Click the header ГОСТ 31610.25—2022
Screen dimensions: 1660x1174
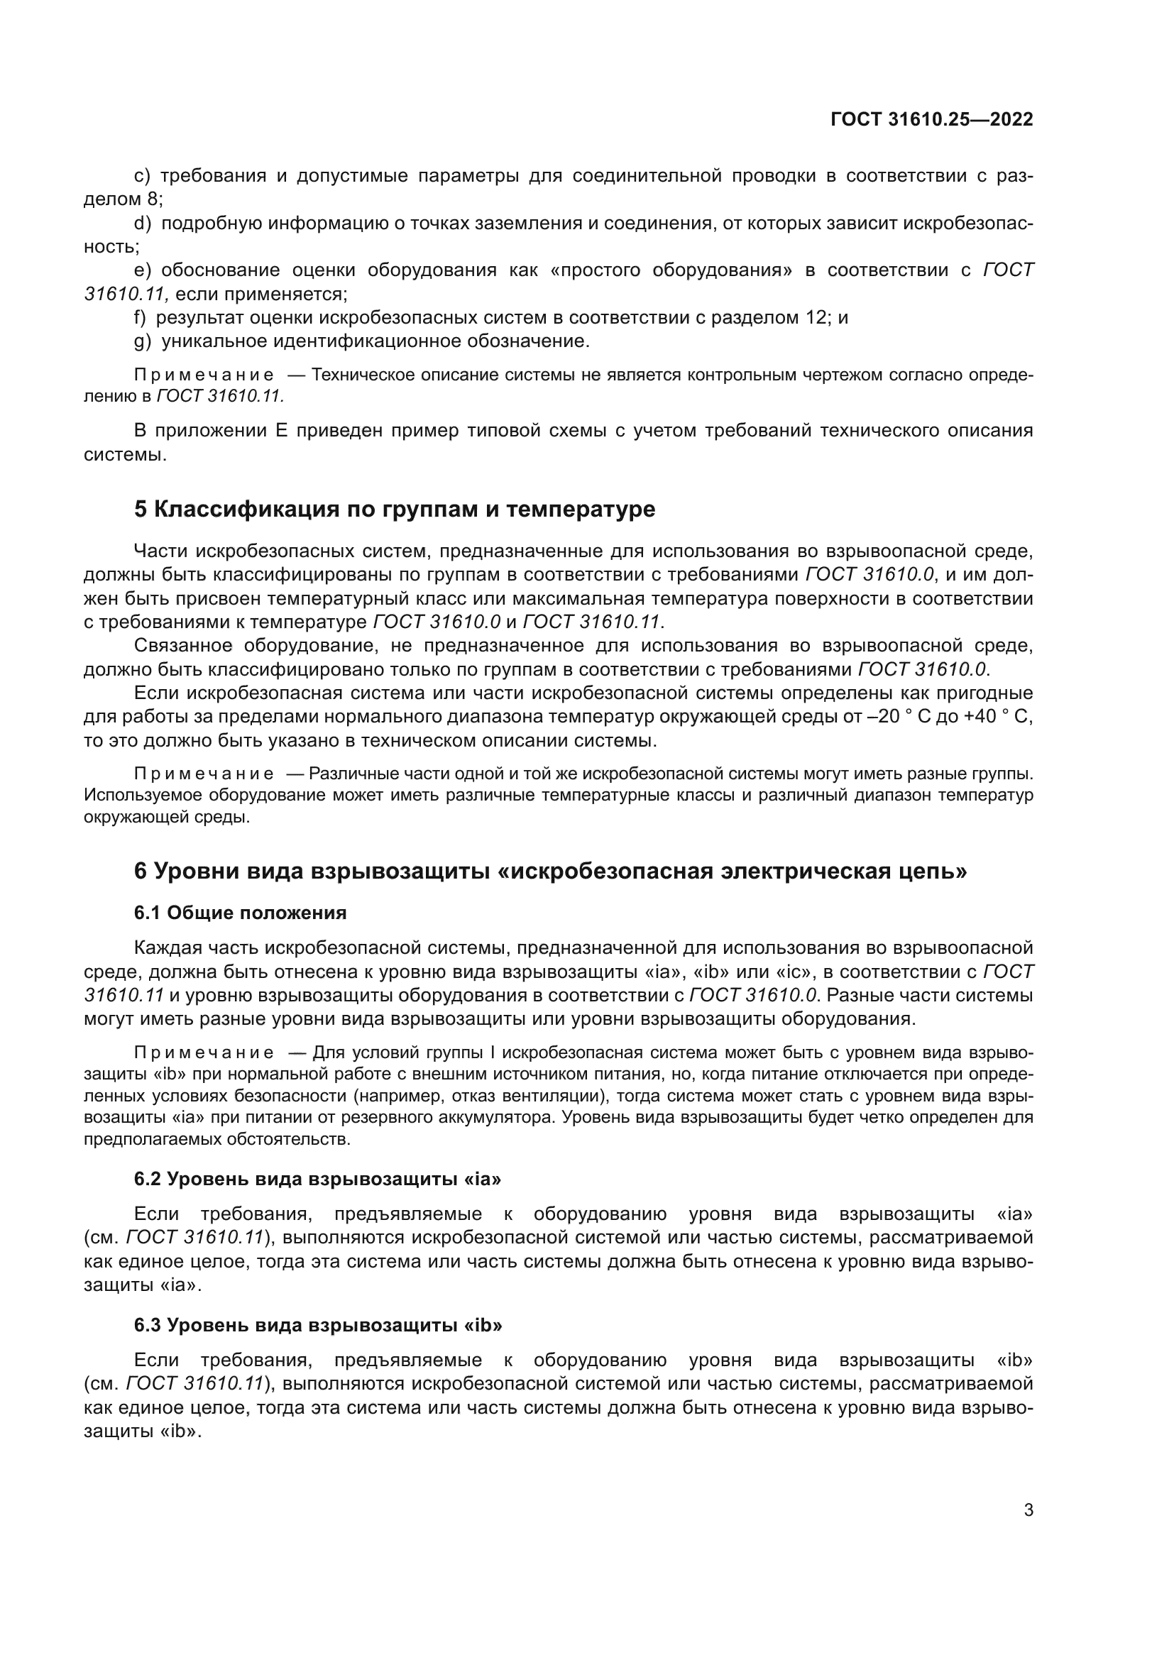931,119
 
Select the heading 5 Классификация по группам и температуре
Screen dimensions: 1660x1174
395,509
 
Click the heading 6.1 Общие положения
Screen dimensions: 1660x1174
240,913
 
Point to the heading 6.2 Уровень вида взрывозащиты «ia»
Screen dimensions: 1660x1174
317,1179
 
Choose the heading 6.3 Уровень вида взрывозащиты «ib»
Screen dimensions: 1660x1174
317,1324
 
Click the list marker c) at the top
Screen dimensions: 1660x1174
143,176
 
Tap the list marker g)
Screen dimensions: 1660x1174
143,341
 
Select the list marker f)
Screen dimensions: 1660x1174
141,317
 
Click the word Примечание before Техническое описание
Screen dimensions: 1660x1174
204,375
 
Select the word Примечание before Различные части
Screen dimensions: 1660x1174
204,774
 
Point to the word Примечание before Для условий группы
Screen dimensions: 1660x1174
204,1052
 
